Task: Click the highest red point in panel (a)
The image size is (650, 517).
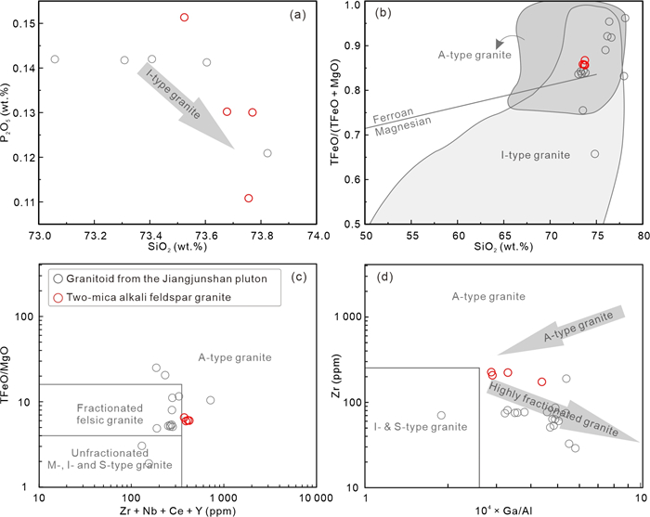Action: coord(185,18)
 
